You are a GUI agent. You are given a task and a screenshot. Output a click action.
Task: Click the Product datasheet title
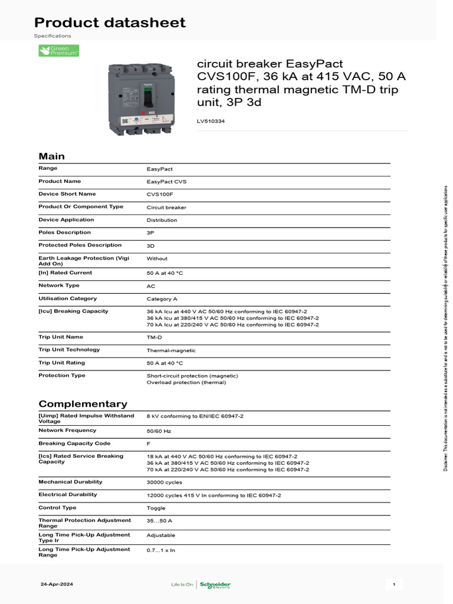click(110, 22)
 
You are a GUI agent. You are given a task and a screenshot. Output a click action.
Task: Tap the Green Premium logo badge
click(59, 51)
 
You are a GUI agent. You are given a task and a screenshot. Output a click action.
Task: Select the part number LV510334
click(211, 122)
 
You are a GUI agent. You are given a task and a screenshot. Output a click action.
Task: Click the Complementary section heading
click(83, 404)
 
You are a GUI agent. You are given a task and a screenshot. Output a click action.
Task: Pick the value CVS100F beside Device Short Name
click(160, 195)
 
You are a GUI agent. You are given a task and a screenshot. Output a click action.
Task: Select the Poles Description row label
click(64, 232)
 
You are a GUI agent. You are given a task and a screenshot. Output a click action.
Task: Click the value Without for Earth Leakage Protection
click(157, 258)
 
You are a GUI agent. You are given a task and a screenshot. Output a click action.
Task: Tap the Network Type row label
click(59, 285)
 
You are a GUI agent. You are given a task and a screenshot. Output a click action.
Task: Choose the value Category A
click(162, 299)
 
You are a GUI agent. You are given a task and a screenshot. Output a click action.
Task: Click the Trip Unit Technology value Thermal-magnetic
click(171, 350)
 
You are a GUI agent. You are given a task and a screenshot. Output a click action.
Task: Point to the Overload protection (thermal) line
click(186, 382)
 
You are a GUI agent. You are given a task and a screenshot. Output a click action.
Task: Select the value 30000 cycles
click(165, 482)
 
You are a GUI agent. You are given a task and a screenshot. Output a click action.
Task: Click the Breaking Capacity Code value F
click(149, 444)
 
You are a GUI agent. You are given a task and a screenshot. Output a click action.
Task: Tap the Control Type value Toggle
click(156, 508)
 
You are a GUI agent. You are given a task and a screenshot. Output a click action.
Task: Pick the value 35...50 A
click(159, 521)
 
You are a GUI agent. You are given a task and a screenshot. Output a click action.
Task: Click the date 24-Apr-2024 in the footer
click(57, 585)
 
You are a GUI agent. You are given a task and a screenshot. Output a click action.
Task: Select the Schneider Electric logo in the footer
click(215, 585)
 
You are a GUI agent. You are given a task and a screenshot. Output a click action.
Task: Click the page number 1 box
click(393, 585)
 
